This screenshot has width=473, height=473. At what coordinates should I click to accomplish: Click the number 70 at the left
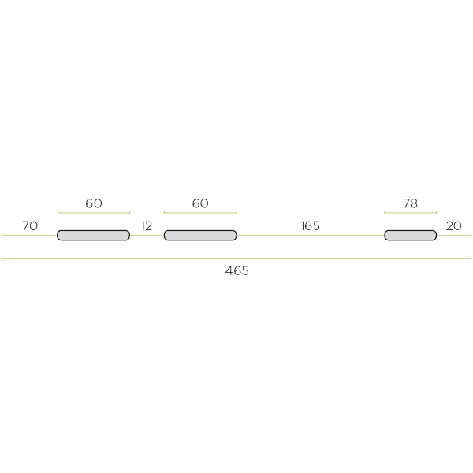pos(30,225)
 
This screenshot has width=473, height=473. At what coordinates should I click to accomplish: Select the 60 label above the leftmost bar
pos(94,203)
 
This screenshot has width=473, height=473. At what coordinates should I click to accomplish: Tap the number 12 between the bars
pos(147,225)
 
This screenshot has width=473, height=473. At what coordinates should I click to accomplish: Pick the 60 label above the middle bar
pos(200,203)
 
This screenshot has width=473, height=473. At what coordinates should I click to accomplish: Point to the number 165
pos(310,225)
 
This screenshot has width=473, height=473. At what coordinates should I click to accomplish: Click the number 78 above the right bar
pos(410,203)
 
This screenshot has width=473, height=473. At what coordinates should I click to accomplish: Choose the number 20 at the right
pos(454,225)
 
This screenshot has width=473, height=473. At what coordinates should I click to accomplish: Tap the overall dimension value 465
pos(236,270)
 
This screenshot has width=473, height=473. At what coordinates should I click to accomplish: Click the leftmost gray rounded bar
pos(94,235)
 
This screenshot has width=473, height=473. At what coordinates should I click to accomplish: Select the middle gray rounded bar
pos(200,235)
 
